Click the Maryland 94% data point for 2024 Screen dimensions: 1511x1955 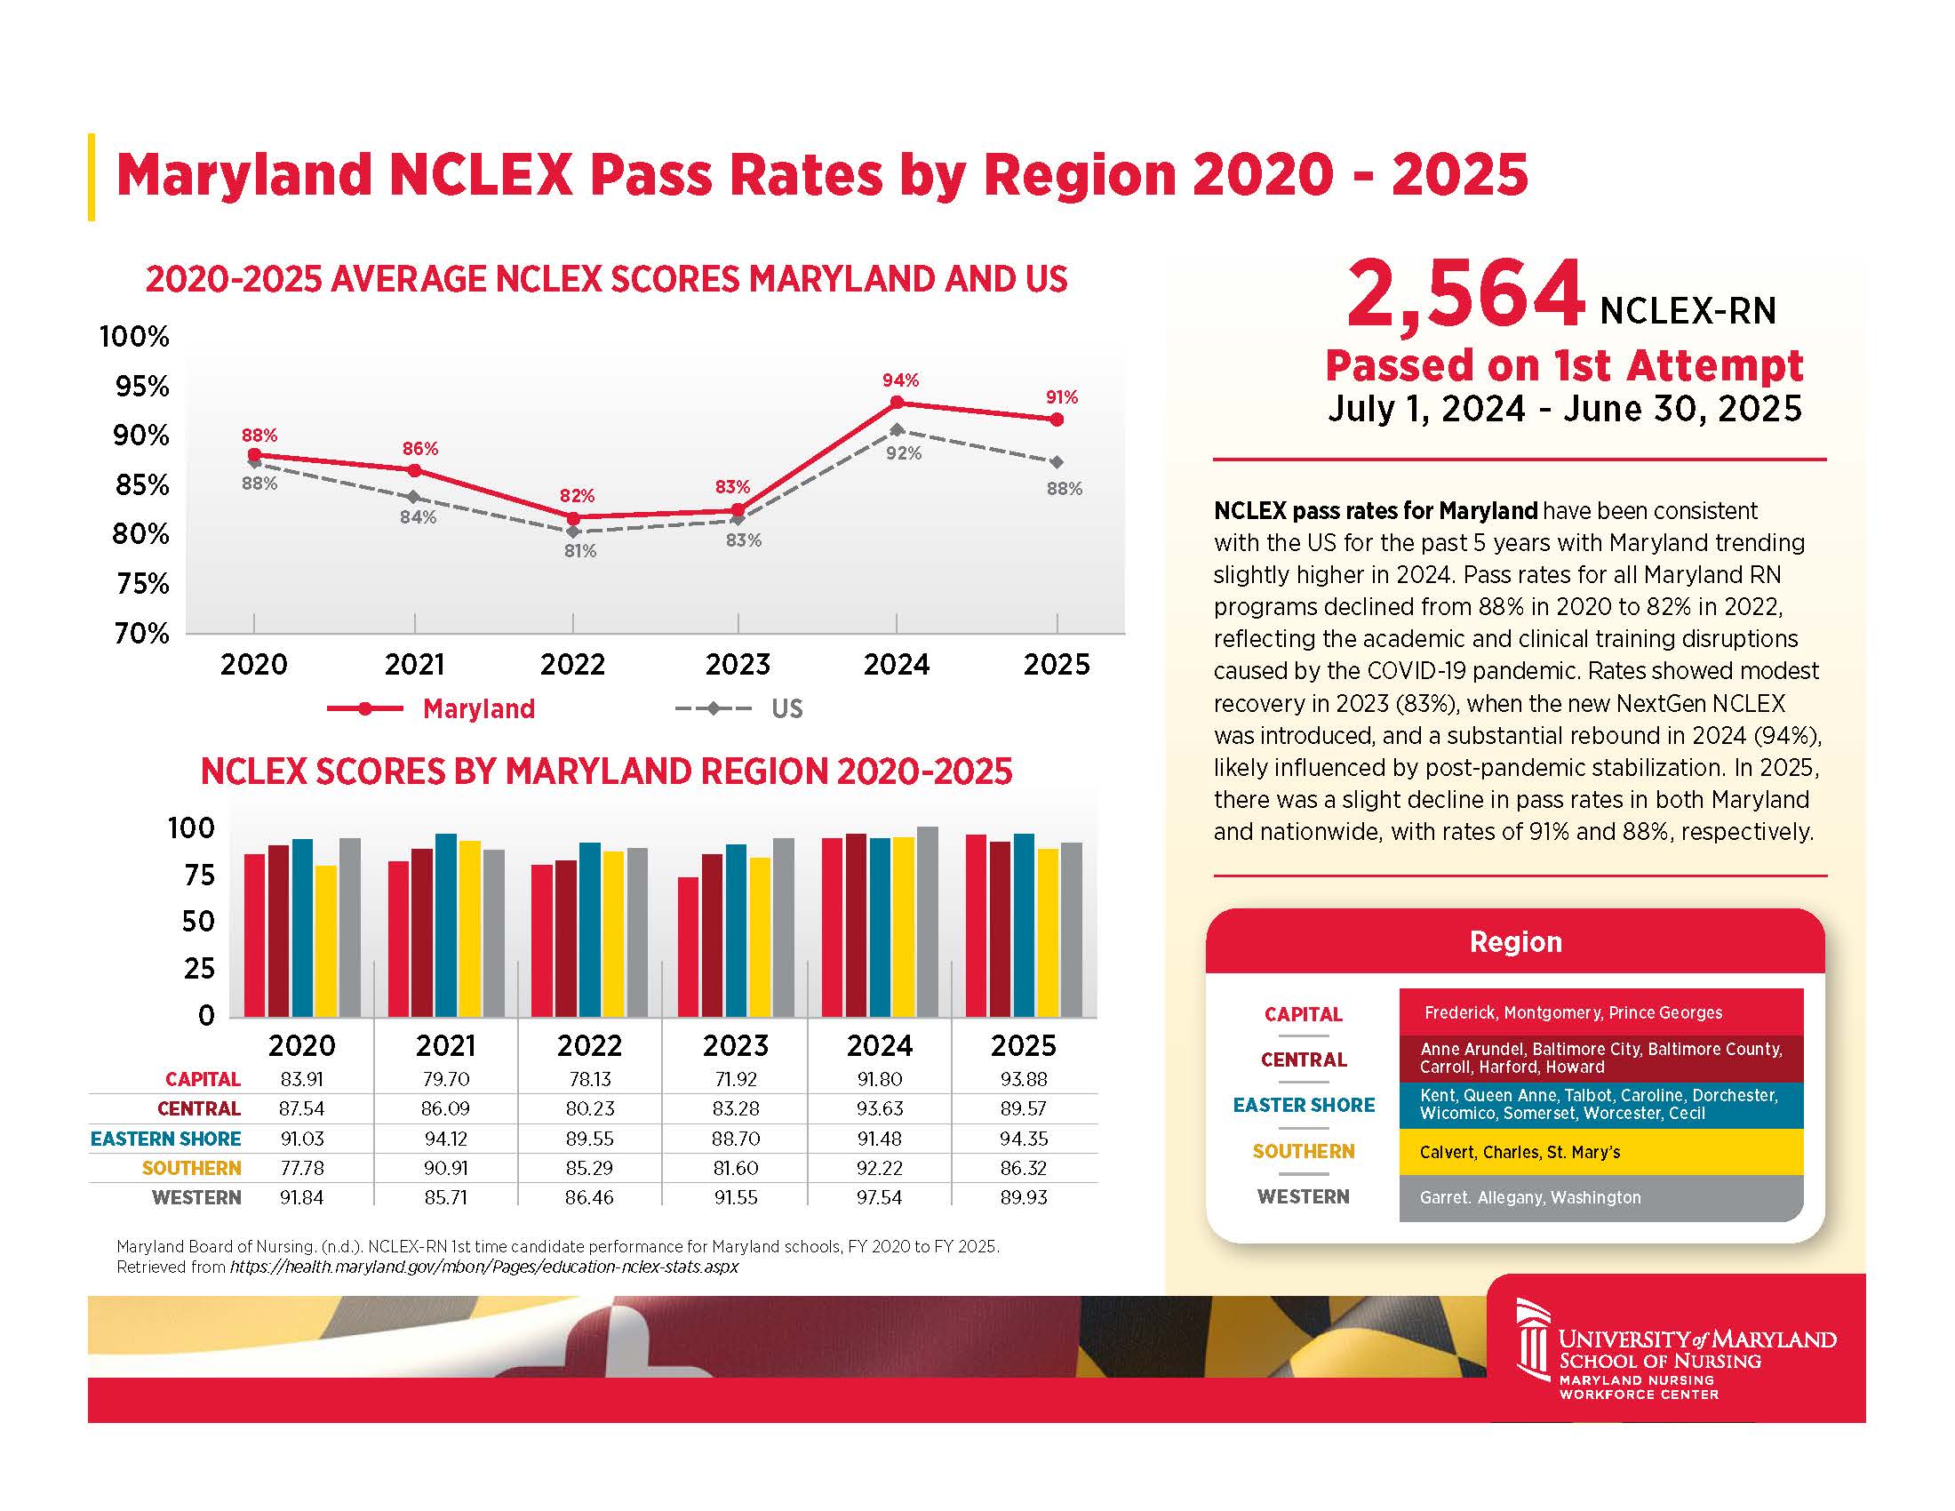[x=897, y=403]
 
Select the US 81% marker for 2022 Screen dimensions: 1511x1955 [x=573, y=532]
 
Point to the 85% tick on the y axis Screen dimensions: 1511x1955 [x=141, y=485]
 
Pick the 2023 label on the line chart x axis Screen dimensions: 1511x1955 [x=738, y=664]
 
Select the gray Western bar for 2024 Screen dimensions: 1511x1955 [x=928, y=922]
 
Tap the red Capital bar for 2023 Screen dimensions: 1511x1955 [x=689, y=947]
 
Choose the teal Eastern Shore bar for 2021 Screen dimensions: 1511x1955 [x=446, y=924]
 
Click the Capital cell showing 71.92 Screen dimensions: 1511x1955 [x=736, y=1080]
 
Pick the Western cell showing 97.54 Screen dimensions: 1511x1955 [x=879, y=1198]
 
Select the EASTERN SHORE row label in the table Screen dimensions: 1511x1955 [x=165, y=1139]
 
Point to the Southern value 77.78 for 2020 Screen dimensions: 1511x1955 [x=301, y=1168]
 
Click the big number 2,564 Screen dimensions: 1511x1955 [x=1465, y=295]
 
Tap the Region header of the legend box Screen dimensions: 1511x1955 [x=1515, y=941]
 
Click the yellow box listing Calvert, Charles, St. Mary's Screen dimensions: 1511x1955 [x=1600, y=1152]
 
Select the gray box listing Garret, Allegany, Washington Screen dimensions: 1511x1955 [x=1600, y=1198]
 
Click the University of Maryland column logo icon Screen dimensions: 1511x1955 [x=1533, y=1340]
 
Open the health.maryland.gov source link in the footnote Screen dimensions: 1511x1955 [x=483, y=1267]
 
